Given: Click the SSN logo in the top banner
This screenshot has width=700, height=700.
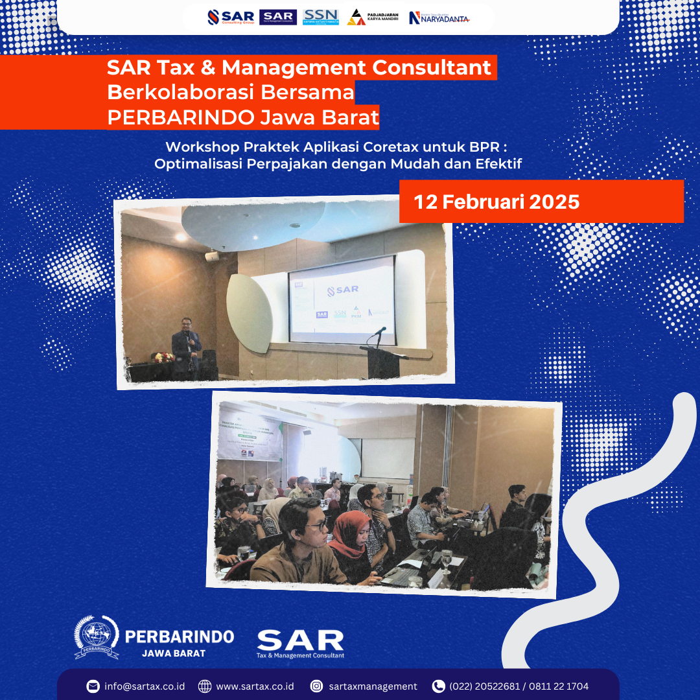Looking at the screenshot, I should click(320, 17).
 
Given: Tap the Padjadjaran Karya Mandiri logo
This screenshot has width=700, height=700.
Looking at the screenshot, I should click(373, 17).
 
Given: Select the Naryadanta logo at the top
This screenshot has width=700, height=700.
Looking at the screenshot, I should click(439, 18).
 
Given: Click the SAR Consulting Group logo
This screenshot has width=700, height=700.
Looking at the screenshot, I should click(230, 17).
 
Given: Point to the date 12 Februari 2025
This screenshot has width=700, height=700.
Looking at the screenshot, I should click(496, 202).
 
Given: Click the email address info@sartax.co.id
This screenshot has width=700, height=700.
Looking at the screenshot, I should click(145, 686).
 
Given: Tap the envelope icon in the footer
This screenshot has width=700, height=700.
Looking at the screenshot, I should click(93, 686).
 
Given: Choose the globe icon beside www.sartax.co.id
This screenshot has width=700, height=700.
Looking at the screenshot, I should click(205, 686).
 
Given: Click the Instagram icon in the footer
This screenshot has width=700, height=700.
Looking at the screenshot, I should click(316, 686).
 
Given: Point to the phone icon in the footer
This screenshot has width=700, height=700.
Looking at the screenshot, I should click(438, 686).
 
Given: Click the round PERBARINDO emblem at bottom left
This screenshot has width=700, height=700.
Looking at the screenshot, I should click(96, 637).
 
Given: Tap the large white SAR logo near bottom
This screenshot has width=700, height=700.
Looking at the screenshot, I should click(300, 641).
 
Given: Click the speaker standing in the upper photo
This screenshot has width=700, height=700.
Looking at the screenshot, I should click(185, 347).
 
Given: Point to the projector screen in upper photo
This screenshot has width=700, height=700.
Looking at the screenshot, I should click(342, 299).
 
